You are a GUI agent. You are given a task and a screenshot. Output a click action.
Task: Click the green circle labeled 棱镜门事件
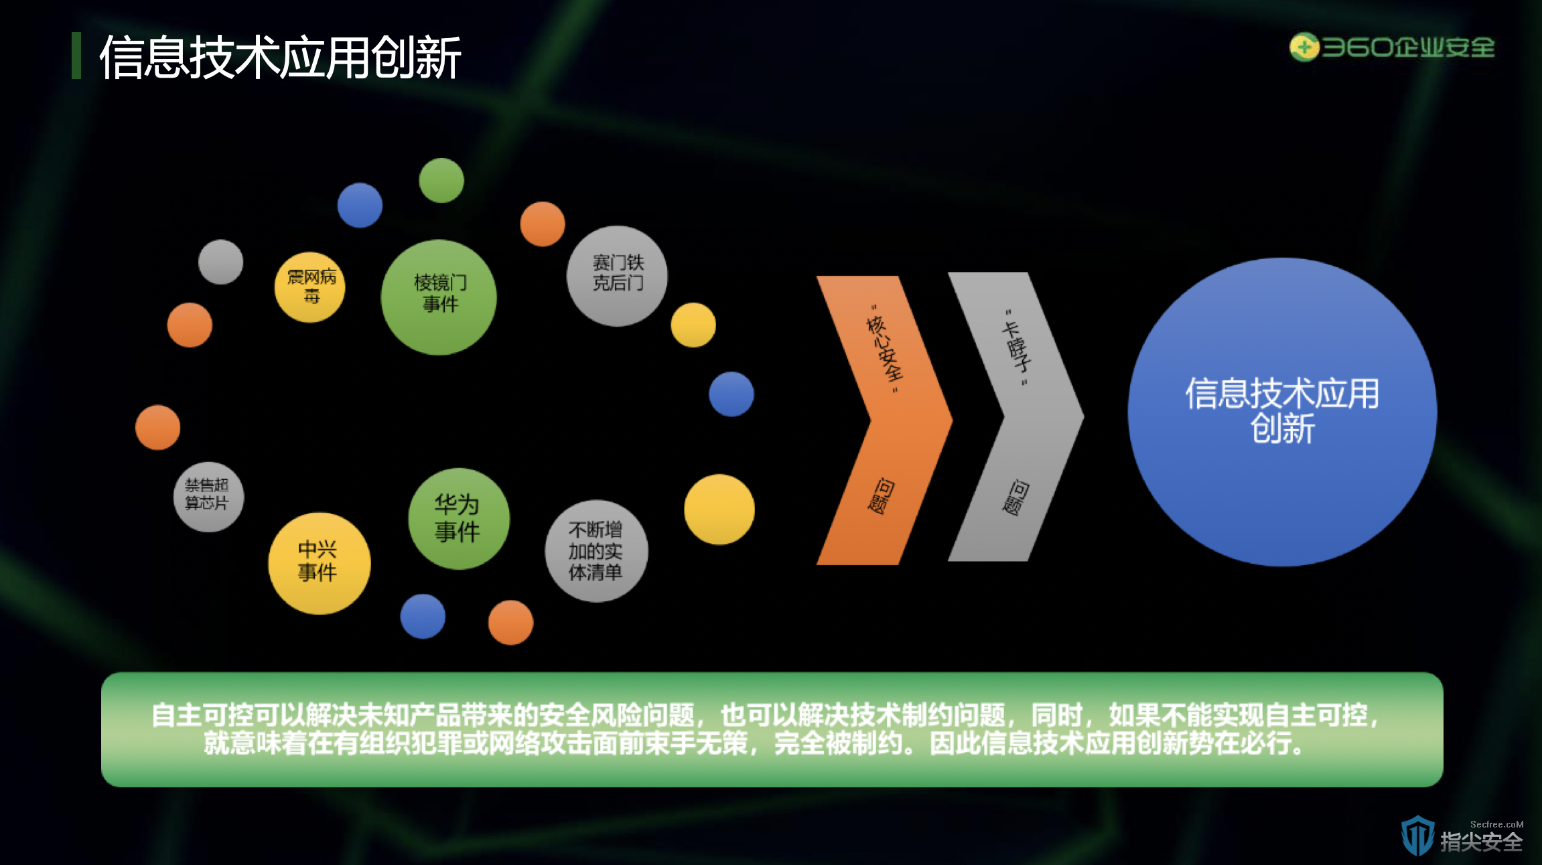(x=439, y=297)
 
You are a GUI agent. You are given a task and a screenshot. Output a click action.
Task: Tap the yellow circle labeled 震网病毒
(x=310, y=287)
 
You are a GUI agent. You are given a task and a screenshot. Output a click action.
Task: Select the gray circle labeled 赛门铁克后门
(x=617, y=276)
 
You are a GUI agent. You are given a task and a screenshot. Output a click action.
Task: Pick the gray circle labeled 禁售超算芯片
(x=208, y=497)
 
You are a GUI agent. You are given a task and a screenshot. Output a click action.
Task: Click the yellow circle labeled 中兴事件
(x=320, y=563)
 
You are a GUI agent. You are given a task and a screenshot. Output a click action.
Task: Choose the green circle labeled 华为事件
(x=459, y=519)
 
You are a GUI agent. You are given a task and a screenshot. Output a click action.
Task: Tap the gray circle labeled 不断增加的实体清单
(x=596, y=551)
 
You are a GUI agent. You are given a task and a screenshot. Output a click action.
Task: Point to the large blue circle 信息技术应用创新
(x=1282, y=412)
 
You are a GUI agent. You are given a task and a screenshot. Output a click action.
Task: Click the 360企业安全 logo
(x=1392, y=48)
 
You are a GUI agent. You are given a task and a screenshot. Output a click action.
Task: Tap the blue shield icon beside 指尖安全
(x=1417, y=835)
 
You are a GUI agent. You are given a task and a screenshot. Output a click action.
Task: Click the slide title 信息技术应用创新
(x=280, y=58)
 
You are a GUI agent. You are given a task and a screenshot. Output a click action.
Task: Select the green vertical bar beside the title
(x=76, y=56)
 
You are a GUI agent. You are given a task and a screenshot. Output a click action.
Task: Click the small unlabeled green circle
(x=441, y=180)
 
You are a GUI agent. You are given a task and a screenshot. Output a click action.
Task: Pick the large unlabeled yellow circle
(x=719, y=509)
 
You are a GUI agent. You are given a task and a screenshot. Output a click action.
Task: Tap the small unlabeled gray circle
(x=220, y=262)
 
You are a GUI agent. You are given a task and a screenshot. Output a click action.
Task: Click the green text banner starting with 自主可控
(x=772, y=729)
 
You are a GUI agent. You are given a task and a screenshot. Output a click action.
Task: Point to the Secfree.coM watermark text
(x=1496, y=824)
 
